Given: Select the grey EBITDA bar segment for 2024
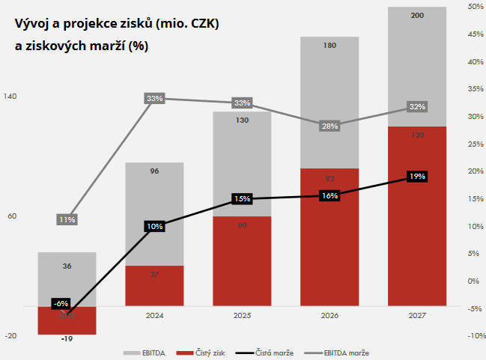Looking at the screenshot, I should point(155,213).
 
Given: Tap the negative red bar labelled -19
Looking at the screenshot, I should point(67,320).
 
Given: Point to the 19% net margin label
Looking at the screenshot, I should point(417,177).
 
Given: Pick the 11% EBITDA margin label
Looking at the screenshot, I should point(67,220).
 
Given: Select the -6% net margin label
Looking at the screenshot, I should point(61,303).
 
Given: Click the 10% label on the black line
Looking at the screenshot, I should point(154,226).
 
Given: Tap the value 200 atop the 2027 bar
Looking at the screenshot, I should point(417,14).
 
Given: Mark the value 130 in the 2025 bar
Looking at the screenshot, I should point(242,120).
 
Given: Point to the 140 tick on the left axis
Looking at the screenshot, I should point(10,97).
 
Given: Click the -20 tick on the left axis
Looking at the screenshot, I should point(10,336).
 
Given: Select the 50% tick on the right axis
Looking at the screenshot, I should point(474,7).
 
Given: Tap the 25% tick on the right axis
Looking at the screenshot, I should point(474,144).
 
